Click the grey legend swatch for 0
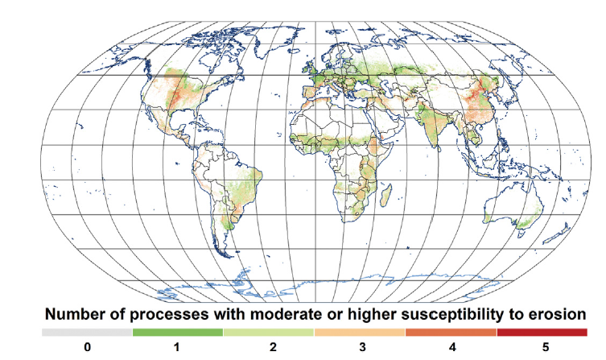pyautogui.click(x=87, y=332)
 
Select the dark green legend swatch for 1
pyautogui.click(x=178, y=332)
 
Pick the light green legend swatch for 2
pyautogui.click(x=269, y=332)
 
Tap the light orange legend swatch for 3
pyautogui.click(x=360, y=332)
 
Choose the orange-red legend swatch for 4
pyautogui.click(x=451, y=332)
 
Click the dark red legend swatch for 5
pyautogui.click(x=542, y=332)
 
